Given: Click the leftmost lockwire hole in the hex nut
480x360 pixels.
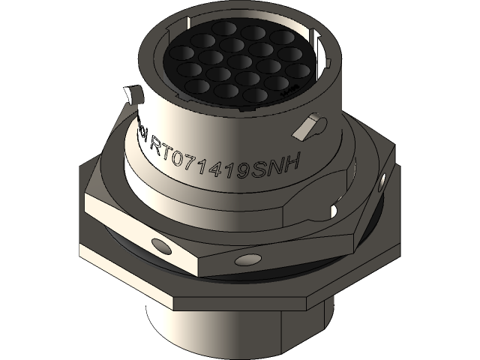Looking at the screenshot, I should [158, 244].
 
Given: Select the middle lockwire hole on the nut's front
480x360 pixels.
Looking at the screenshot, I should [244, 261].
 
